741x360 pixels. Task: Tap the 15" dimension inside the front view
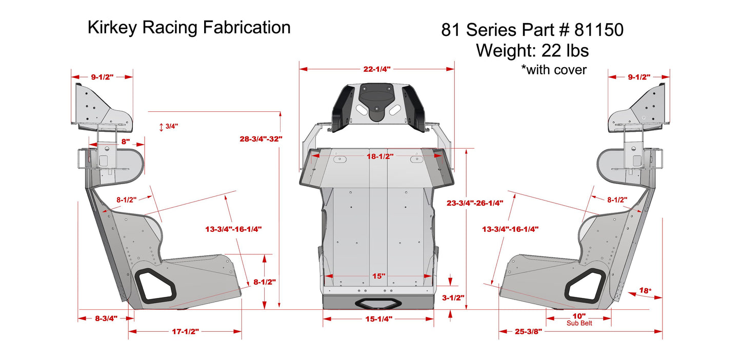click(378, 276)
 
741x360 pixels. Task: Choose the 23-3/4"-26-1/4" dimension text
click(475, 203)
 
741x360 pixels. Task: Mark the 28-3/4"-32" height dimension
click(262, 138)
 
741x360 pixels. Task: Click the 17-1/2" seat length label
click(185, 331)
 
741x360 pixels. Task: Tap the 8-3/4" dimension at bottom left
click(106, 318)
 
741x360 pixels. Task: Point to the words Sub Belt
click(579, 323)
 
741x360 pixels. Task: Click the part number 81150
click(599, 30)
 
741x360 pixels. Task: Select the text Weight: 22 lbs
click(532, 50)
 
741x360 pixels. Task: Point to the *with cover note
click(553, 70)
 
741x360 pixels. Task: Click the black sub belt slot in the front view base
click(378, 304)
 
